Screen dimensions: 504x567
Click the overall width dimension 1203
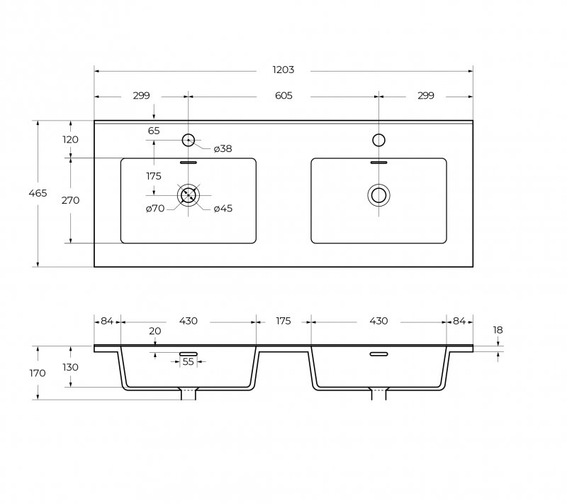point(283,70)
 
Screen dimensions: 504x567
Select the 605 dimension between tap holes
point(283,96)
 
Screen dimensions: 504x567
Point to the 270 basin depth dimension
point(70,200)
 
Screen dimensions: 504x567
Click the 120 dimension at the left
point(70,139)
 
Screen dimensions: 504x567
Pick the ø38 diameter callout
point(223,148)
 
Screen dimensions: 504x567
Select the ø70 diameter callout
point(155,208)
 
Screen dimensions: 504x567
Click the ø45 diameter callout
point(223,208)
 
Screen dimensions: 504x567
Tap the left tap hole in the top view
point(189,140)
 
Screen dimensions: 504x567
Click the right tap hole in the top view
point(378,140)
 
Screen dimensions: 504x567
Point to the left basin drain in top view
point(189,194)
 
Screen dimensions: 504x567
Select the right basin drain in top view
point(378,194)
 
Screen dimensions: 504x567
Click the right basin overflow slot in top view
point(378,162)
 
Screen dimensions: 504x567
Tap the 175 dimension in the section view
point(283,321)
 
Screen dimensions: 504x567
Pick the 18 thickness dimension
point(498,330)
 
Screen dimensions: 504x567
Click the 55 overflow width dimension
point(188,362)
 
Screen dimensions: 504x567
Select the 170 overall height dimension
point(38,373)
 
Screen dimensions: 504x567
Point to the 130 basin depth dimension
point(70,367)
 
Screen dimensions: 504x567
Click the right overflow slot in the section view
point(378,354)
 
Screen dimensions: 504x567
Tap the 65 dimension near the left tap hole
point(154,131)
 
